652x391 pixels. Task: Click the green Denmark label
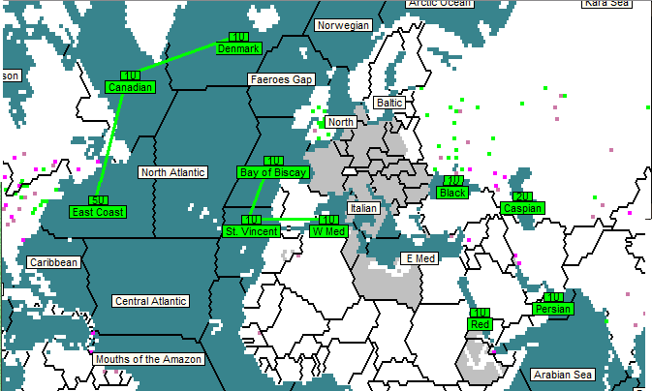(x=238, y=48)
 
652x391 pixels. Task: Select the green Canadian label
(x=130, y=87)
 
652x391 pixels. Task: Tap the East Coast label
(x=98, y=211)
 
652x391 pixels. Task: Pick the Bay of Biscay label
(x=272, y=172)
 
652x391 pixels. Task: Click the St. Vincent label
(x=252, y=231)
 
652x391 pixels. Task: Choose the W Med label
(x=327, y=231)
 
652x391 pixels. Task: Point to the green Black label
(x=451, y=193)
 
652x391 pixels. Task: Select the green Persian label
(x=553, y=309)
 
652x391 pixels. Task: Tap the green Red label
(x=481, y=324)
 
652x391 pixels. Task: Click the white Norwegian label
(x=344, y=25)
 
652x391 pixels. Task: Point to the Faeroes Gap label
(x=281, y=79)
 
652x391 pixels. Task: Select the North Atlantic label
(x=173, y=172)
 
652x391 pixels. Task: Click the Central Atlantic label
(x=150, y=301)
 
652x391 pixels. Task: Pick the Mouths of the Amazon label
(x=149, y=359)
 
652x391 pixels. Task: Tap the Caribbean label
(x=53, y=262)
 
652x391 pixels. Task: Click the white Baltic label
(x=389, y=103)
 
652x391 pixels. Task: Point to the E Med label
(x=420, y=258)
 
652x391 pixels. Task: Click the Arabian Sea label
(x=562, y=375)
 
